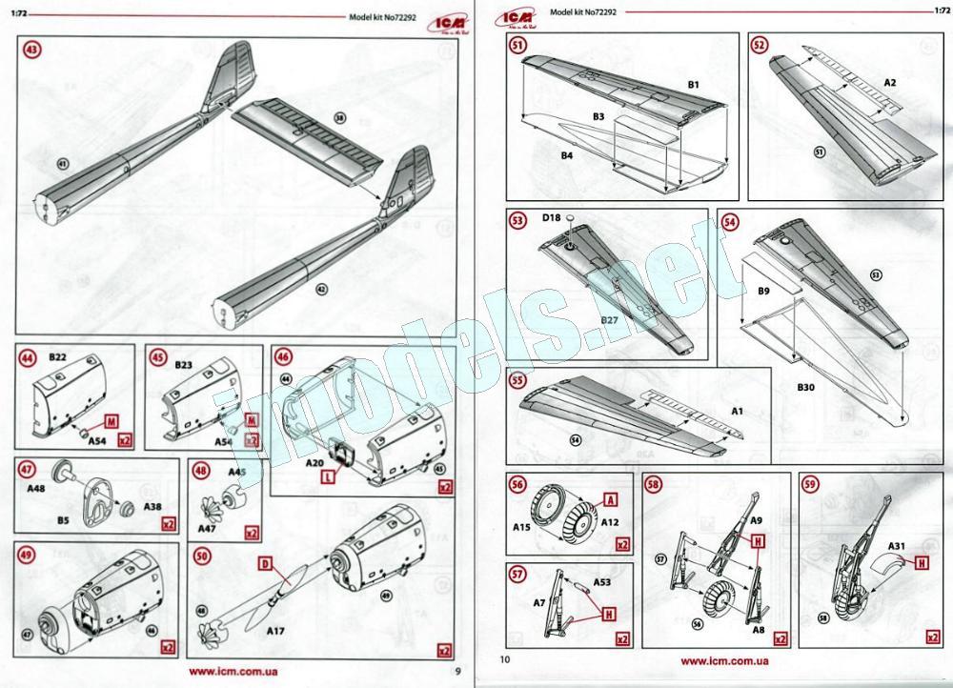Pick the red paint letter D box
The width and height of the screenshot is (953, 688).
[x=265, y=564]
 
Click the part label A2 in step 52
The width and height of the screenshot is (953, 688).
[x=889, y=83]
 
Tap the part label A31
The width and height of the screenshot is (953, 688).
[x=897, y=546]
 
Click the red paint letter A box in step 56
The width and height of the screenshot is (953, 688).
[x=611, y=499]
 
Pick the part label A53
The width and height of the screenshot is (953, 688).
[x=602, y=581]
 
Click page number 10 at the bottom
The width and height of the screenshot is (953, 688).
[x=505, y=658]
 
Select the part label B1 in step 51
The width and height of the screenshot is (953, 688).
[x=693, y=85]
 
